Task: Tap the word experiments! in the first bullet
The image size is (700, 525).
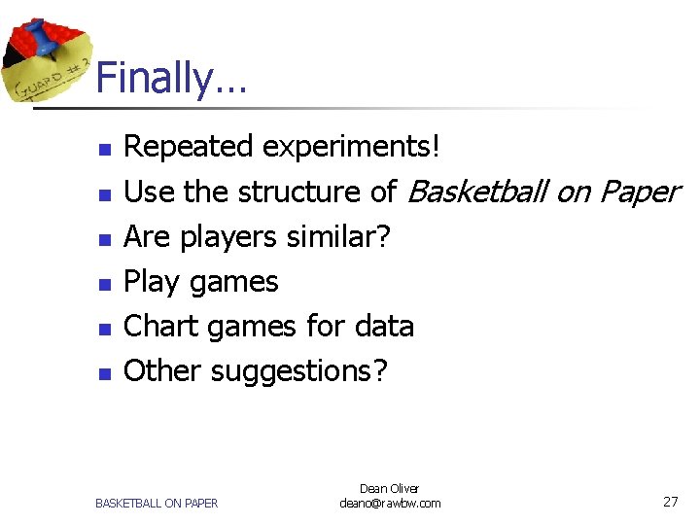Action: point(352,148)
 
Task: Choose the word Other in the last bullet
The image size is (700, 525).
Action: point(163,371)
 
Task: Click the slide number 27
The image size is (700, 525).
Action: point(670,502)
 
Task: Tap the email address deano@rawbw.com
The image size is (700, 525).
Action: point(389,503)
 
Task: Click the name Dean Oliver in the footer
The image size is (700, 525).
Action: point(389,488)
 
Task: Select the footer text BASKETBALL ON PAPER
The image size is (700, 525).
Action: point(157,503)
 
